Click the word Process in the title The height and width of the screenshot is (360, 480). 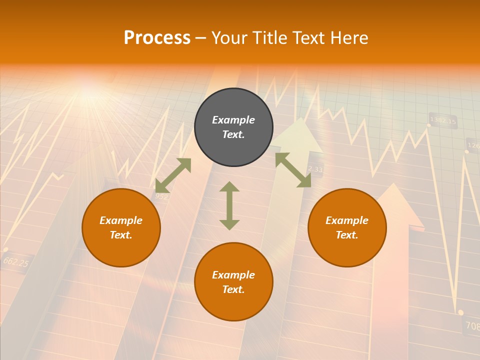coord(157,38)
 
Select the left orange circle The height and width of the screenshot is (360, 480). coord(121,227)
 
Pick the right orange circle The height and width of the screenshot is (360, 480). coord(347,227)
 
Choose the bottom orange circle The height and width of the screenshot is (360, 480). coord(233,282)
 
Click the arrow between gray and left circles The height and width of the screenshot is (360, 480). coord(173,175)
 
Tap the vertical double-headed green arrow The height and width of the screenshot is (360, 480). coord(229,205)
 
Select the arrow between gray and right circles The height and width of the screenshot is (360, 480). coord(293,170)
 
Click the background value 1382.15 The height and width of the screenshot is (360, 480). coord(443,120)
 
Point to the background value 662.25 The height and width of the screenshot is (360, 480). coord(15,262)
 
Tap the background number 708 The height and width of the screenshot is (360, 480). coord(472,326)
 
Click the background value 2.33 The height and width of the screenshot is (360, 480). coord(315,169)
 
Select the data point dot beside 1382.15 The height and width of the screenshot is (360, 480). coord(428,125)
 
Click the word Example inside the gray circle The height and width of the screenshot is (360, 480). coord(233,120)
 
